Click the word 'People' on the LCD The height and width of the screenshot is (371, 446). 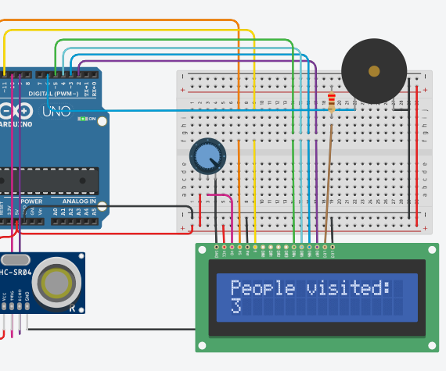pos(253,288)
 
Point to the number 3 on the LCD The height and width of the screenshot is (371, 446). pos(236,307)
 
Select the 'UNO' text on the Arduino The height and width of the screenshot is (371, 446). pos(56,110)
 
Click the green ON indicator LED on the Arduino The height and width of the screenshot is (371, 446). pos(82,119)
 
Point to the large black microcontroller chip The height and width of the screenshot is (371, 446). pos(47,180)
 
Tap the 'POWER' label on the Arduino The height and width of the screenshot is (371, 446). pos(31,202)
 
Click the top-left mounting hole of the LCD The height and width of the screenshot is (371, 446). pos(202,251)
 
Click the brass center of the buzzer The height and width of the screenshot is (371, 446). pos(374,71)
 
